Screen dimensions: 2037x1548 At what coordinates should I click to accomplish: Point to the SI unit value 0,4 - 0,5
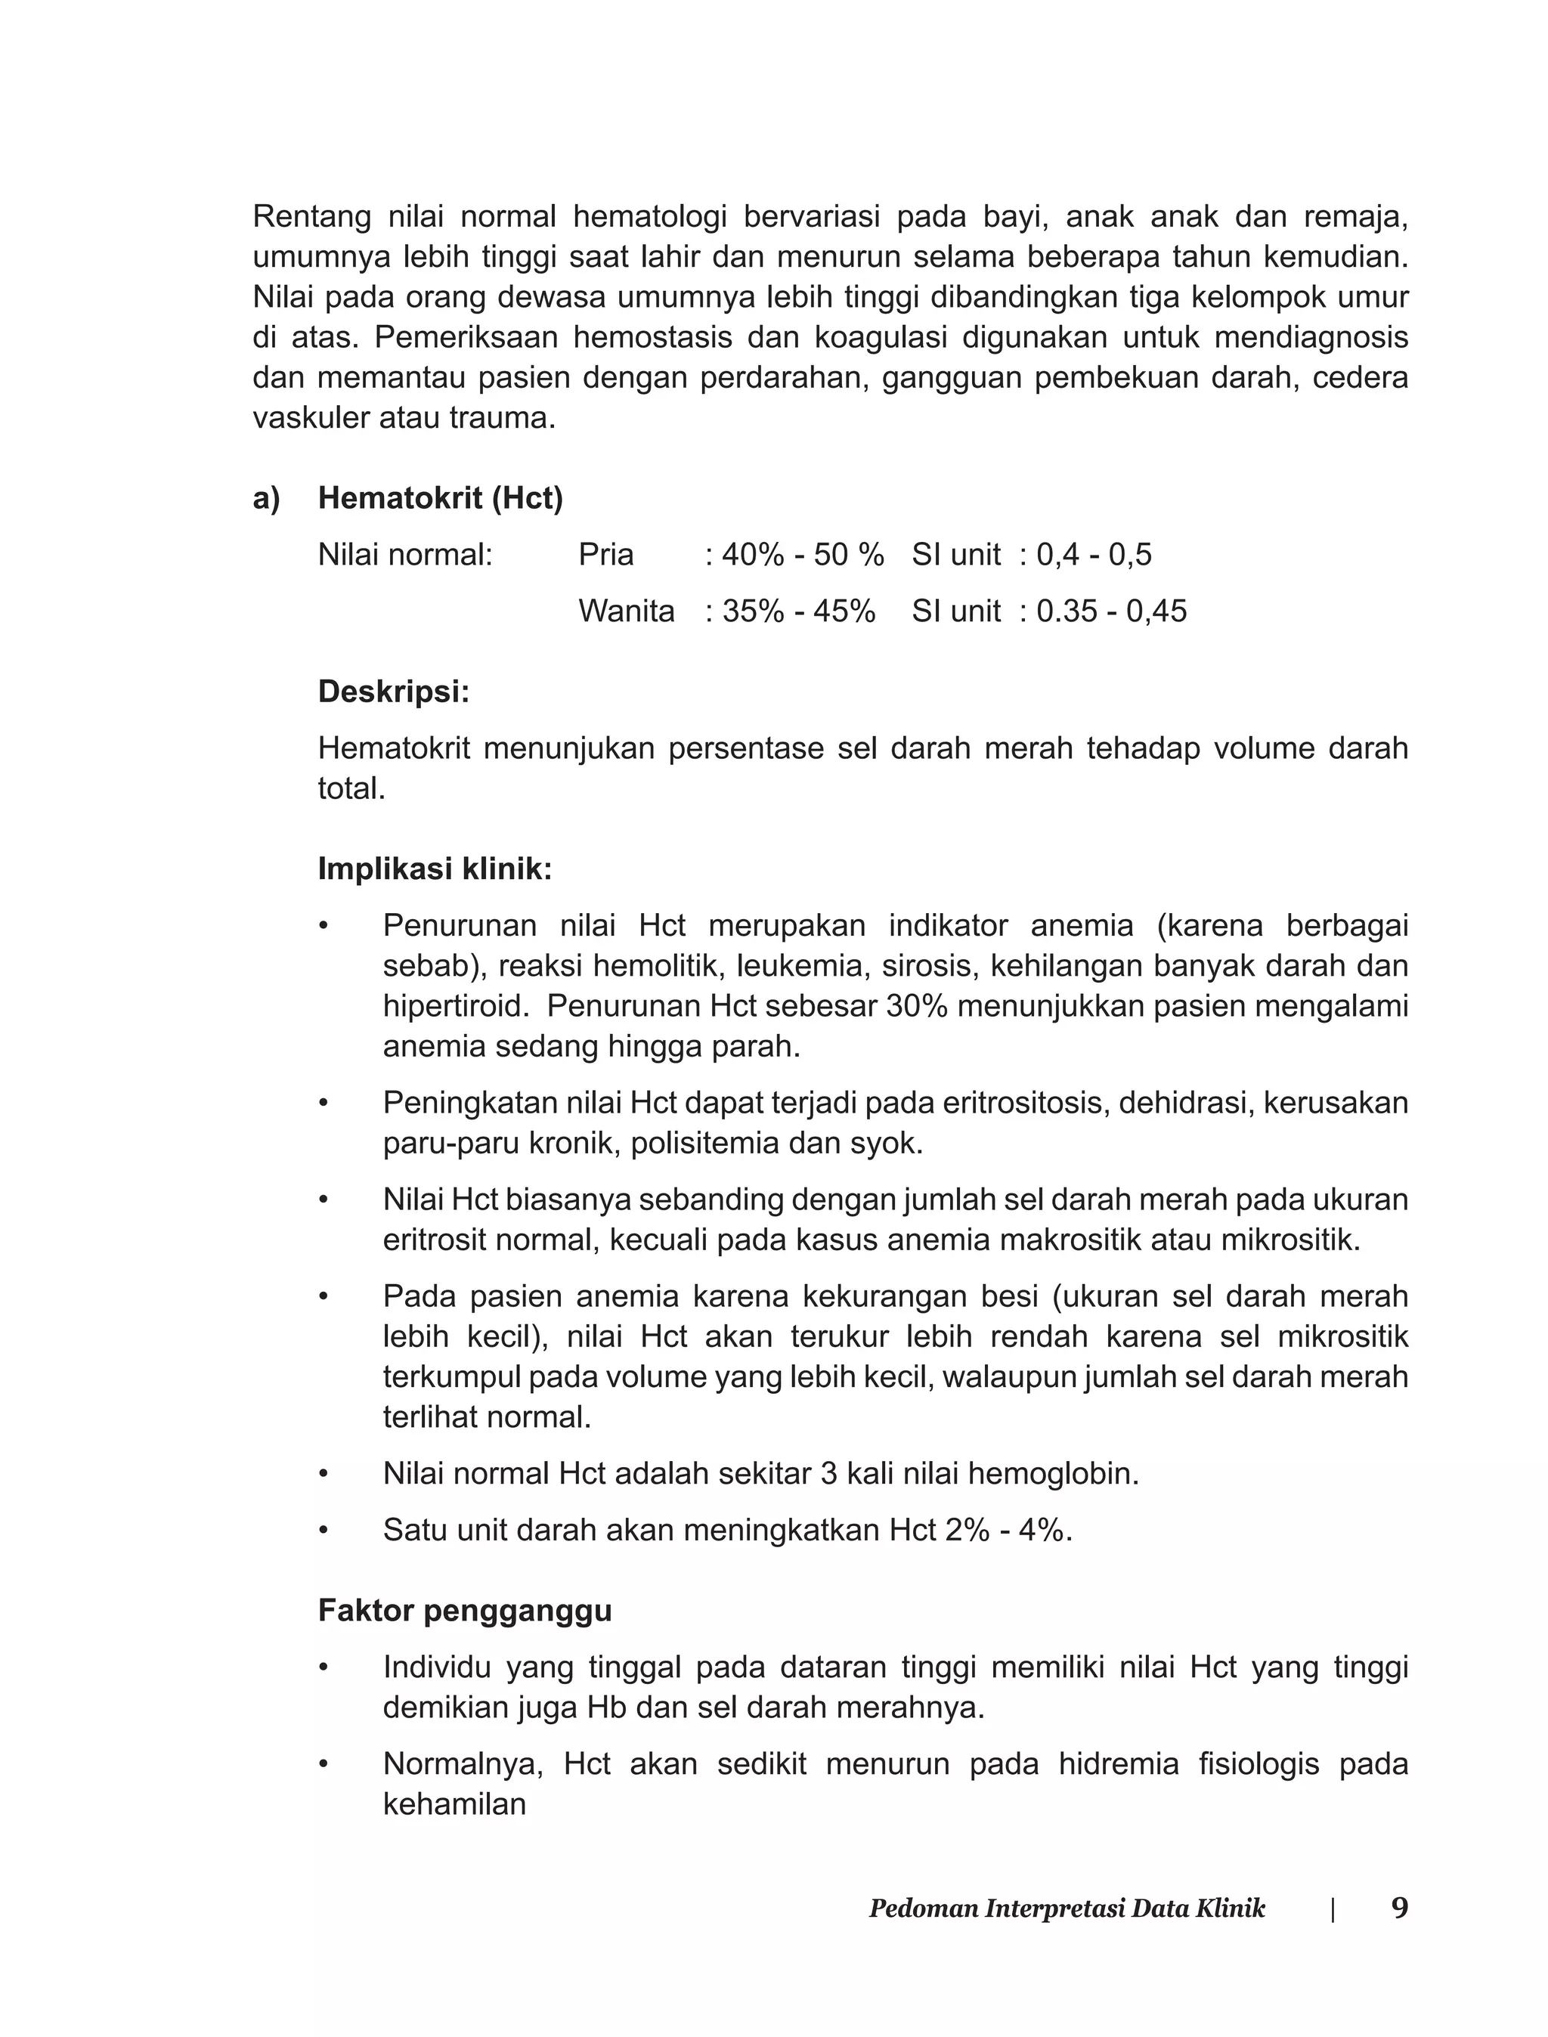pyautogui.click(x=1094, y=555)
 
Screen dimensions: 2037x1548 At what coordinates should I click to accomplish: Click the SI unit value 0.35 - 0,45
pyautogui.click(x=1111, y=611)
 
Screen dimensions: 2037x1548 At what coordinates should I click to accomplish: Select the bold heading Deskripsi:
pyautogui.click(x=394, y=691)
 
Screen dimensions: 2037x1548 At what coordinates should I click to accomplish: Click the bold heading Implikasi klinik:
pyautogui.click(x=435, y=868)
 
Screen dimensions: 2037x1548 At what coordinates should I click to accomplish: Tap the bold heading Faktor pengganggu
pyautogui.click(x=464, y=1611)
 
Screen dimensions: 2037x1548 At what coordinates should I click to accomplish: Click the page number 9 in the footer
pyautogui.click(x=1400, y=1908)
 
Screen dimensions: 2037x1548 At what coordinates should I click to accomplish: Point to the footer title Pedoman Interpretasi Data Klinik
pyautogui.click(x=1067, y=1909)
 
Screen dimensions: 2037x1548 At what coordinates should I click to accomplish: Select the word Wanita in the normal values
pyautogui.click(x=627, y=611)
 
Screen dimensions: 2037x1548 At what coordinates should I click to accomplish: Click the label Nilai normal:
pyautogui.click(x=405, y=555)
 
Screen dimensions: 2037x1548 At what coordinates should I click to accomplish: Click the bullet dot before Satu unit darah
pyautogui.click(x=324, y=1531)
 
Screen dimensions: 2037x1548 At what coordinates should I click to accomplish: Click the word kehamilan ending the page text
pyautogui.click(x=454, y=1804)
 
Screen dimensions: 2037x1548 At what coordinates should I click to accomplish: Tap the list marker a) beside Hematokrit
pyautogui.click(x=265, y=498)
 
